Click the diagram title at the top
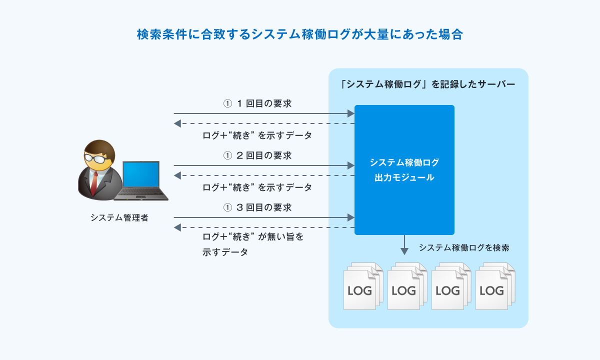click(300, 34)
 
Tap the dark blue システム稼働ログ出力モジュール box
click(404, 169)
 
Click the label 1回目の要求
click(257, 103)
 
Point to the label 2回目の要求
click(257, 155)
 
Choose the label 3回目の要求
click(257, 207)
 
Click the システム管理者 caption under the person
click(119, 217)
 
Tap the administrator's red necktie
click(94, 182)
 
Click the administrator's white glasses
click(96, 158)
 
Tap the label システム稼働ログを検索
click(463, 247)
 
